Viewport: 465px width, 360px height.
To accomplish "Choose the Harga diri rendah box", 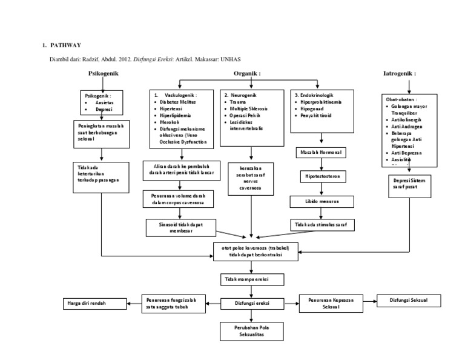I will (x=94, y=302).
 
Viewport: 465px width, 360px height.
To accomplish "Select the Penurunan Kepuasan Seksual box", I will (x=331, y=302).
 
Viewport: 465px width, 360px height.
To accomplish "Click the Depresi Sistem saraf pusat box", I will (x=409, y=185).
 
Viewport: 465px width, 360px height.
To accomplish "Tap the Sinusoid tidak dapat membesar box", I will (x=180, y=227).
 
